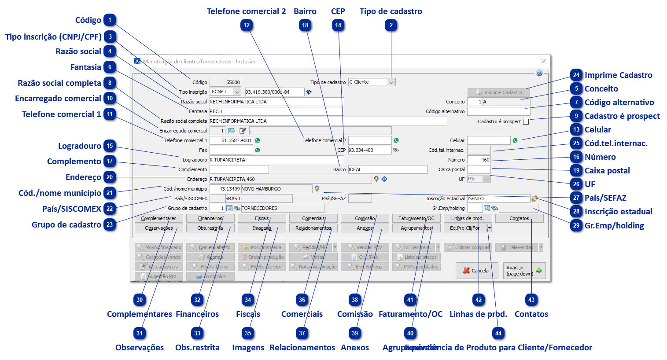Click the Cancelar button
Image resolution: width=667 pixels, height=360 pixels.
[x=476, y=271]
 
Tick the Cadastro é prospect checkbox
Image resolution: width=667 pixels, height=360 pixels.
[x=526, y=121]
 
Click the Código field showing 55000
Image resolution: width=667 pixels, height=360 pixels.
[x=225, y=82]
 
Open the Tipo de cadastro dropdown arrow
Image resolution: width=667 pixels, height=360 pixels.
[x=391, y=82]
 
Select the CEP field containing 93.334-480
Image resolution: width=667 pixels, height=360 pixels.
[x=369, y=150]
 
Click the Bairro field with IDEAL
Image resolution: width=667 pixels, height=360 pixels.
[x=387, y=169]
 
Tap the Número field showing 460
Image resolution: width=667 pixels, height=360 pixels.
[x=479, y=160]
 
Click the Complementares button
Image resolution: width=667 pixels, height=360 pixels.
[x=158, y=218]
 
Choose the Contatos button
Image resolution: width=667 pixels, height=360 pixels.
[x=519, y=218]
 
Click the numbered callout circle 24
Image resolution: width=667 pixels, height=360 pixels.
[x=576, y=75]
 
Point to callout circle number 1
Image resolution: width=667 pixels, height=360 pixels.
[x=110, y=20]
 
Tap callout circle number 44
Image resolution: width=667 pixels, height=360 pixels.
[x=498, y=333]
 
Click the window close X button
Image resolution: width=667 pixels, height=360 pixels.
[x=543, y=61]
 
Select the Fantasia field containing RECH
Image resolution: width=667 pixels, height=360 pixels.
[x=276, y=111]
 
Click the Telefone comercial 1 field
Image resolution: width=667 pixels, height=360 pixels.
[x=231, y=140]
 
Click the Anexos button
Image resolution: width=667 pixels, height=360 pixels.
[x=365, y=228]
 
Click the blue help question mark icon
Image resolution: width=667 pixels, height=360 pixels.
[x=539, y=73]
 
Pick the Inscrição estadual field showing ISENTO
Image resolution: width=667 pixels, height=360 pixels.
[x=498, y=198]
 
